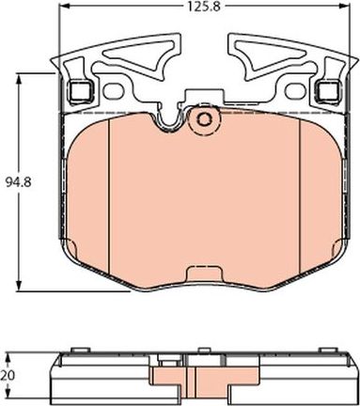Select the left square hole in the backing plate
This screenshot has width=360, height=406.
tap(80, 92)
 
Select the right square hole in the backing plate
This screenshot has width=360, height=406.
tap(329, 92)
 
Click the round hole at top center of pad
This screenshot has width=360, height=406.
tap(203, 119)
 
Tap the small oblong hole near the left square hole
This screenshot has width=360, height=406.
tap(116, 92)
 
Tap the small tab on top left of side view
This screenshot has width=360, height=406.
tap(68, 355)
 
